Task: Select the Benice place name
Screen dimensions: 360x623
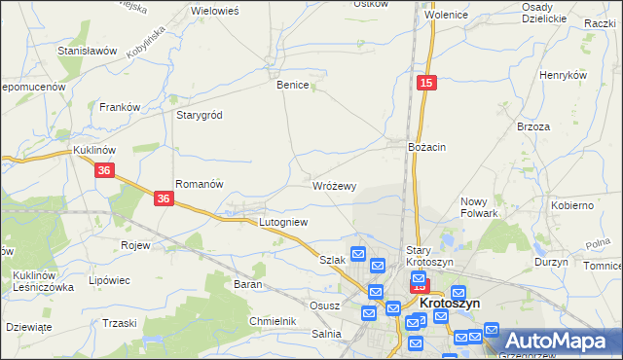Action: click(x=293, y=85)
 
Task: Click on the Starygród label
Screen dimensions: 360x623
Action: click(x=200, y=115)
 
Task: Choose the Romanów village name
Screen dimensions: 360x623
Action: click(x=200, y=183)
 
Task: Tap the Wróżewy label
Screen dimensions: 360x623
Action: click(x=335, y=185)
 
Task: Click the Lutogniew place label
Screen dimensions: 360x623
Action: click(x=283, y=222)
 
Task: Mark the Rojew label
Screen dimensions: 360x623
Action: click(x=134, y=245)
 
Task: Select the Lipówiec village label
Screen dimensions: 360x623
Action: click(x=109, y=280)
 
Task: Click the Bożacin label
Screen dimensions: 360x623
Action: click(x=426, y=146)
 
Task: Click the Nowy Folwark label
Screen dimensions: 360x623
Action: click(x=479, y=206)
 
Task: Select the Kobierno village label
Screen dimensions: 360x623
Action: click(x=572, y=206)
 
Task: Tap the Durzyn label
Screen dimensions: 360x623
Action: click(x=551, y=263)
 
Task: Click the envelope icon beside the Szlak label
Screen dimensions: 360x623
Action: click(x=357, y=255)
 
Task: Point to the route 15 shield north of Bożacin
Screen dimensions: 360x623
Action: click(x=425, y=85)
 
